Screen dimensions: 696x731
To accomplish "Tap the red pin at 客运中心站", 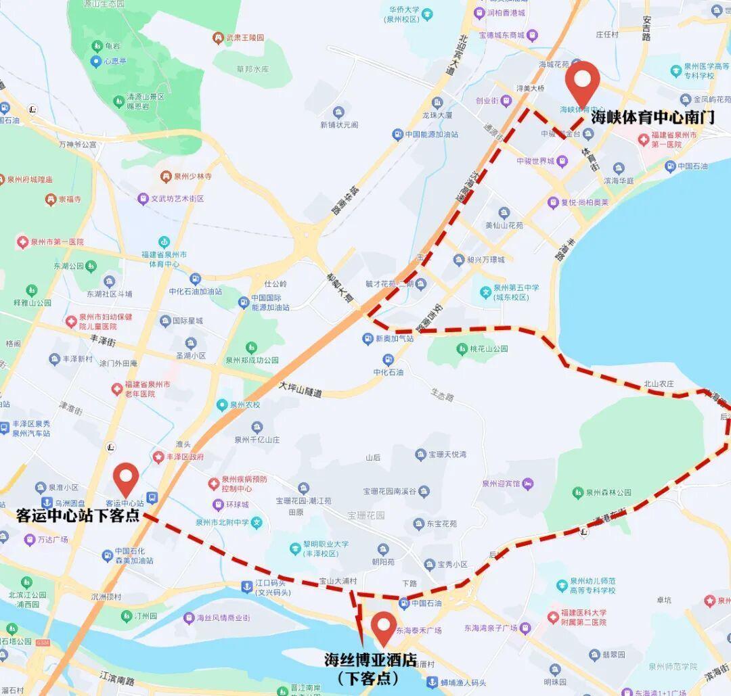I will click(x=126, y=478).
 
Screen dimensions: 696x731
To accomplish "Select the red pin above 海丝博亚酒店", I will click(x=384, y=627).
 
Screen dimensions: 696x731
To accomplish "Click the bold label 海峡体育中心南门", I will click(x=652, y=117).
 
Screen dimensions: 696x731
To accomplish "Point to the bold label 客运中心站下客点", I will click(x=78, y=515).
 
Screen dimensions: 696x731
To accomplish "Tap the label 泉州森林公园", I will click(x=608, y=492).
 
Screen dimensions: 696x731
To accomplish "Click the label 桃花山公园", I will click(x=489, y=349).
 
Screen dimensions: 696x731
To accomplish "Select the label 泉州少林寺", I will click(x=192, y=177).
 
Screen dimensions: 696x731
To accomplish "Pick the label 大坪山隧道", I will click(x=301, y=389).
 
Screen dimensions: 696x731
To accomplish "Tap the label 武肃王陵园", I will click(x=244, y=38).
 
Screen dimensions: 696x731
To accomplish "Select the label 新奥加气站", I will click(x=395, y=339).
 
